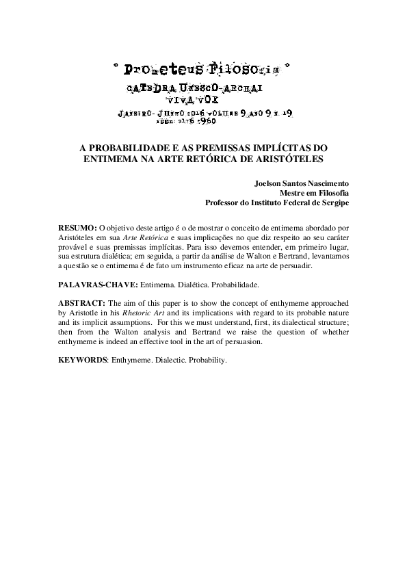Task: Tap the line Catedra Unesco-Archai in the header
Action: pyautogui.click(x=196, y=89)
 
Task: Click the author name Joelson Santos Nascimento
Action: pyautogui.click(x=302, y=184)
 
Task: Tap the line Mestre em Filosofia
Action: pyautogui.click(x=316, y=194)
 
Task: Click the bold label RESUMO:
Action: pyautogui.click(x=77, y=226)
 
